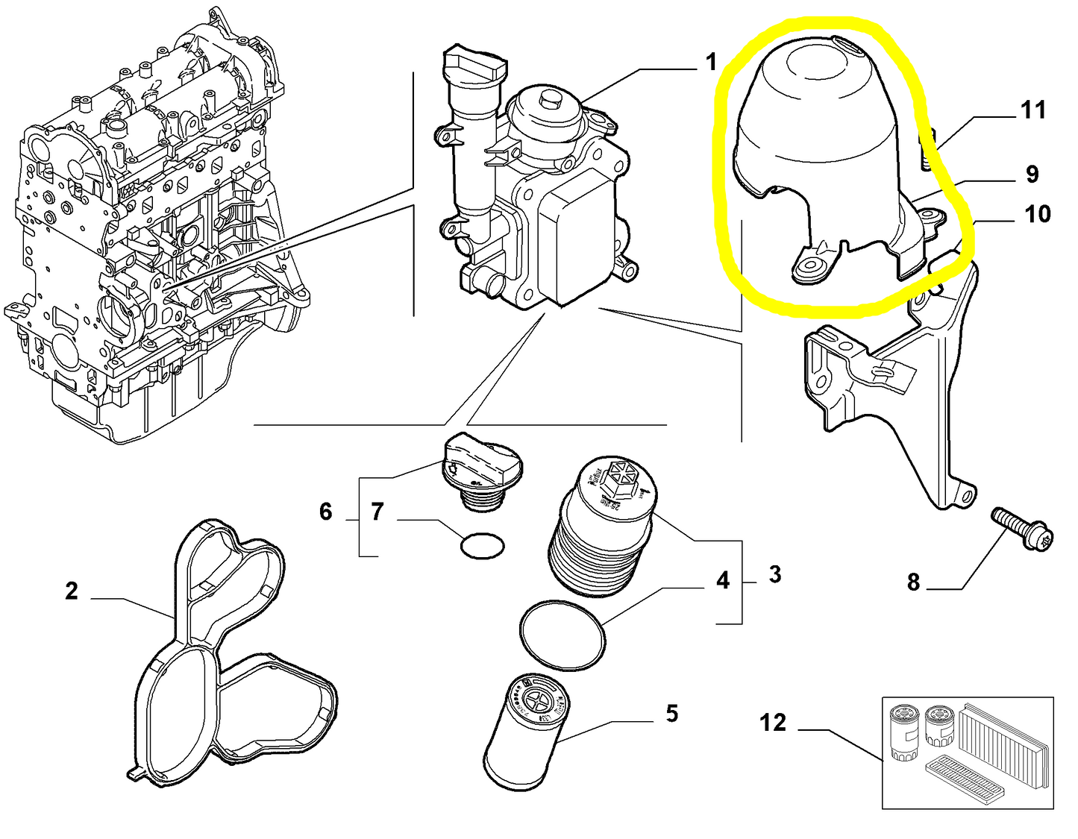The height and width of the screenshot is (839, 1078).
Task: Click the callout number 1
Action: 711,62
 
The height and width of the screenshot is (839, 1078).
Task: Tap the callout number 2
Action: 71,591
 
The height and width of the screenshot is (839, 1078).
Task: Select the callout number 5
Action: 671,714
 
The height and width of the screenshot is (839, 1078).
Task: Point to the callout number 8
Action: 913,582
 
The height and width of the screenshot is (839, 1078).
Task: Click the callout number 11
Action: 1032,110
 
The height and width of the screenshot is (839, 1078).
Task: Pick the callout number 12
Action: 773,722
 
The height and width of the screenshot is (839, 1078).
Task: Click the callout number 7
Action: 377,512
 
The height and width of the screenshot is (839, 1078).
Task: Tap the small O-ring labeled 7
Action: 482,545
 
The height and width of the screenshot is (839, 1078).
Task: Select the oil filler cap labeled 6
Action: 480,467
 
